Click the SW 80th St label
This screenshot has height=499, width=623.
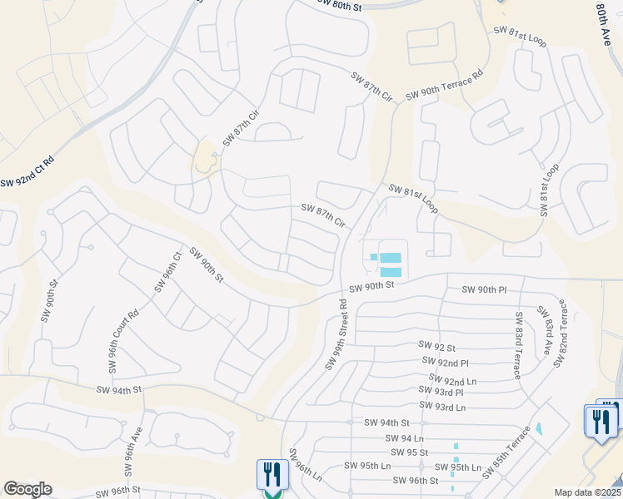click(x=341, y=5)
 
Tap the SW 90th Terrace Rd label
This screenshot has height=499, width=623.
click(x=444, y=86)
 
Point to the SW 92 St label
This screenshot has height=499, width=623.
click(x=437, y=346)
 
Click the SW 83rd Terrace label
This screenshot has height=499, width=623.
click(x=519, y=345)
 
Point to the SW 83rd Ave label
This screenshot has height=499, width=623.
click(x=547, y=332)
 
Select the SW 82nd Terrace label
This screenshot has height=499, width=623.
click(x=563, y=329)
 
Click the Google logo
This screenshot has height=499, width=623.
click(x=27, y=489)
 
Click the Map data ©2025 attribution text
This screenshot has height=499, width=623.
click(x=587, y=492)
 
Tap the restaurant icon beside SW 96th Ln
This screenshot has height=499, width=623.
click(x=272, y=477)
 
